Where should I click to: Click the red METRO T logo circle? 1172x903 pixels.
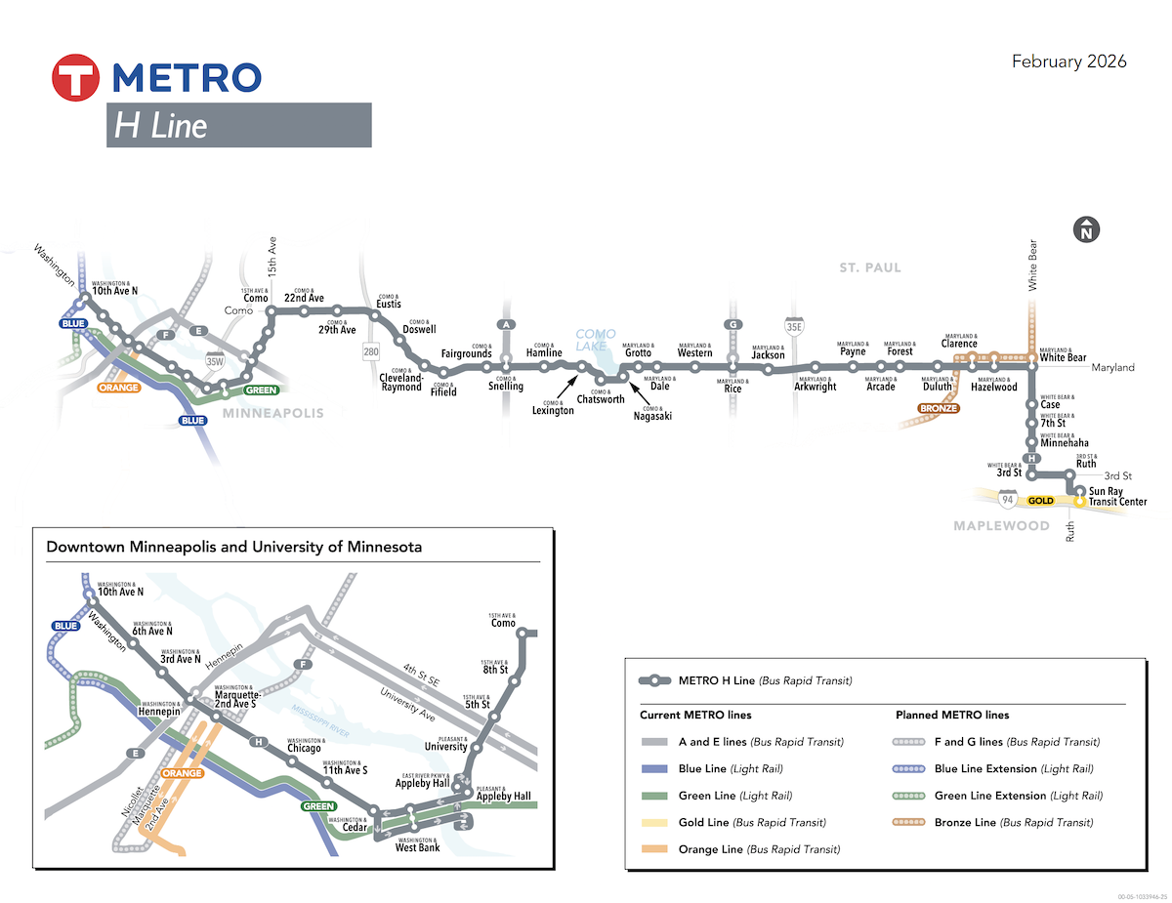[x=77, y=77]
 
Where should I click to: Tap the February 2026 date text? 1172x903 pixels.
[x=1068, y=62]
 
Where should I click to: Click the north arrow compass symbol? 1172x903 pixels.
[x=1086, y=230]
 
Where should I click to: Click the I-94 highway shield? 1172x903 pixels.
[x=1007, y=500]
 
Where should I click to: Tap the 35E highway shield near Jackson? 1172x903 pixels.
[x=794, y=322]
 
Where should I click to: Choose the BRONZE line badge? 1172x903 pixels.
[x=938, y=408]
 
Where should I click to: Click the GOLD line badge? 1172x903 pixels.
[x=1040, y=500]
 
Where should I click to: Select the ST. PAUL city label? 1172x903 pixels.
[x=869, y=267]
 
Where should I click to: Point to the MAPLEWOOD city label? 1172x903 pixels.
[x=1001, y=526]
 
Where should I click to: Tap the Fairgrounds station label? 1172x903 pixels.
[x=466, y=353]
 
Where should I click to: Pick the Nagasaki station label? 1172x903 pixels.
[x=651, y=416]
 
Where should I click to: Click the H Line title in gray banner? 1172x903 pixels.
[x=161, y=126]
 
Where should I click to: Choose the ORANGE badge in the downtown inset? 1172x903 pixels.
[x=182, y=773]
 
